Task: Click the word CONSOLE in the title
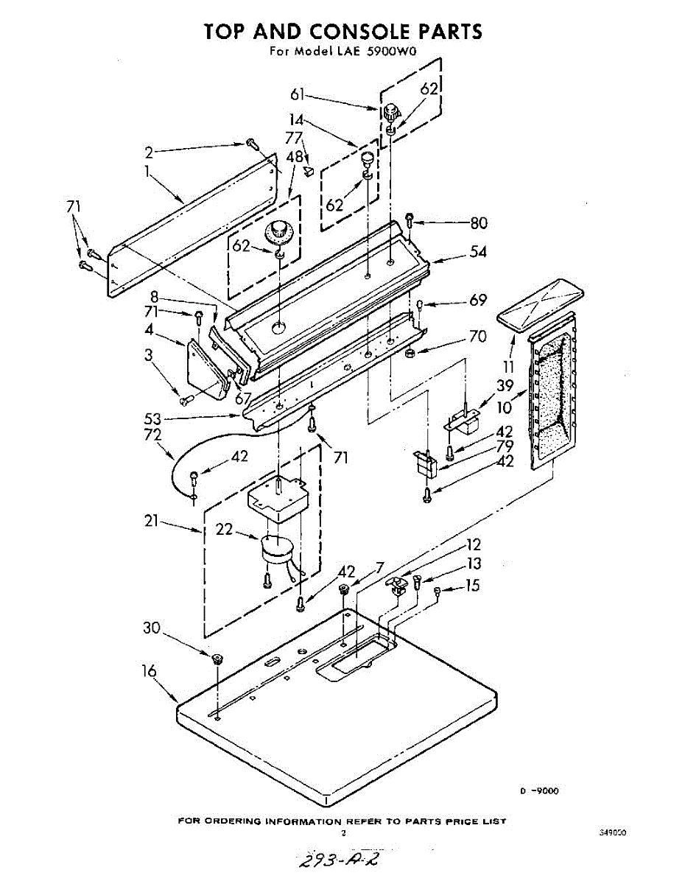(361, 31)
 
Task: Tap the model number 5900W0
(398, 52)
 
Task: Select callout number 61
(298, 94)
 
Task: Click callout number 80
(479, 222)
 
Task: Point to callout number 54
(478, 253)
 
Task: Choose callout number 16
(150, 671)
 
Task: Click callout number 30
(152, 628)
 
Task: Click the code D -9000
(539, 790)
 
